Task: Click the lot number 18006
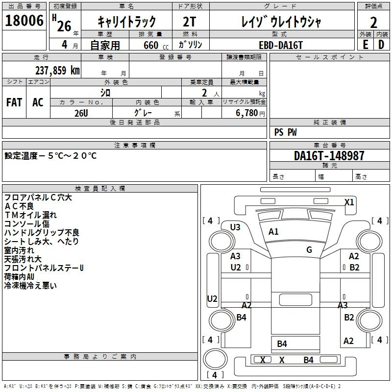24,21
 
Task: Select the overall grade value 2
373,22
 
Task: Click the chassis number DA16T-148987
329,156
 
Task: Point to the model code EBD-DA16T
281,45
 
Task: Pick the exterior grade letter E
365,45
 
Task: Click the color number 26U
81,113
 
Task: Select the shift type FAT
14,102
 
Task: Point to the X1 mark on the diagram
349,202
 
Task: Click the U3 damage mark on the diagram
235,227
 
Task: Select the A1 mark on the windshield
273,232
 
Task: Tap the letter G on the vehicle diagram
309,250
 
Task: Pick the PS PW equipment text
286,132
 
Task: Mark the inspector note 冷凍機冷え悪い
30,286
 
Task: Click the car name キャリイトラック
126,22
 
